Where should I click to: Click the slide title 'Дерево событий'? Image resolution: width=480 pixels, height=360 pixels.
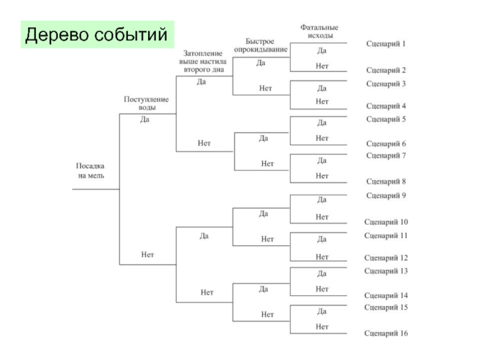click(x=97, y=35)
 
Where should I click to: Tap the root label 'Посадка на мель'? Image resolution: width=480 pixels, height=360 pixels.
click(x=91, y=170)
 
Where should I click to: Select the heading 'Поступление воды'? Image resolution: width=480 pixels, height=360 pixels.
click(x=146, y=103)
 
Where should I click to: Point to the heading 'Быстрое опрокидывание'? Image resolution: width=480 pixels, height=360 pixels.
click(x=262, y=45)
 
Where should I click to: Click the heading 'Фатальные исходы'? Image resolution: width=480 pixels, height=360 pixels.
click(x=319, y=31)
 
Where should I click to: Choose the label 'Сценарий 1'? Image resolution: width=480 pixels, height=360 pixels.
click(x=386, y=44)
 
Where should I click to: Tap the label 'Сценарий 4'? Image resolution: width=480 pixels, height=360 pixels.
click(x=386, y=106)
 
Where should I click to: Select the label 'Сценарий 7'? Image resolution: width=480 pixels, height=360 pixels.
click(x=386, y=155)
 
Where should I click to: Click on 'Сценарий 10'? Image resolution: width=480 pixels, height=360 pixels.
click(x=386, y=222)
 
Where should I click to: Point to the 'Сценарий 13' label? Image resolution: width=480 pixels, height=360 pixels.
click(x=386, y=271)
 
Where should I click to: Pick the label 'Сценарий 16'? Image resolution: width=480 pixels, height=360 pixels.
click(x=386, y=333)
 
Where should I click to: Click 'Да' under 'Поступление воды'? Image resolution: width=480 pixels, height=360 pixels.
click(x=145, y=119)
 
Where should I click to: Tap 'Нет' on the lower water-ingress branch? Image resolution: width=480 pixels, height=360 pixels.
click(x=148, y=254)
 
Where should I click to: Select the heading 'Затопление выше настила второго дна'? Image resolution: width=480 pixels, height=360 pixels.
click(x=202, y=61)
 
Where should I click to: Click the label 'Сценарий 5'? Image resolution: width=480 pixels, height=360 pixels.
click(x=386, y=119)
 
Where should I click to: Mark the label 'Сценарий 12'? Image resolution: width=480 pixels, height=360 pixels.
click(x=386, y=258)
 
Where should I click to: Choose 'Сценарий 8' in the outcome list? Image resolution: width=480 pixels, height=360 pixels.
click(x=386, y=181)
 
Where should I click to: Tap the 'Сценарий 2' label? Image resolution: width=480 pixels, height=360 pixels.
click(x=386, y=70)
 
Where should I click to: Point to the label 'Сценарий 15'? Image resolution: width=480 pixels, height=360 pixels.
click(x=386, y=307)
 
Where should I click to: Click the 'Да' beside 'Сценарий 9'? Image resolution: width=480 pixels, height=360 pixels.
click(x=322, y=199)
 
